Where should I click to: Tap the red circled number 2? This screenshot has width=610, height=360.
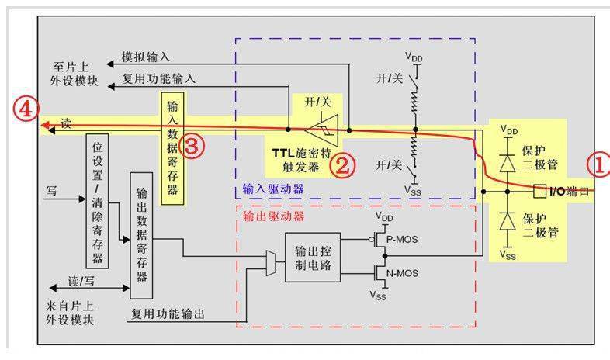coord(341,164)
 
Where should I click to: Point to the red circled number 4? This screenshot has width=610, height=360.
coord(25,110)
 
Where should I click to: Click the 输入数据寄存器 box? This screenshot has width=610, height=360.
coord(172,147)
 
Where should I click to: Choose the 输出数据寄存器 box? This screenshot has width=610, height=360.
coord(141,235)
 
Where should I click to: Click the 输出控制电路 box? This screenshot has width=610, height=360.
coord(312,257)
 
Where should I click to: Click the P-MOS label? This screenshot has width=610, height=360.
coord(403,240)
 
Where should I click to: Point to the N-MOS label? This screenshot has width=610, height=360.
coord(403,272)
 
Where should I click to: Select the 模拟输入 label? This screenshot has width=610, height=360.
coord(146,57)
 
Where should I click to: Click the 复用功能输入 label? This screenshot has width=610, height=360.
coord(159,78)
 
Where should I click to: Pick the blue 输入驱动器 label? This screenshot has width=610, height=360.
coord(272,189)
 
